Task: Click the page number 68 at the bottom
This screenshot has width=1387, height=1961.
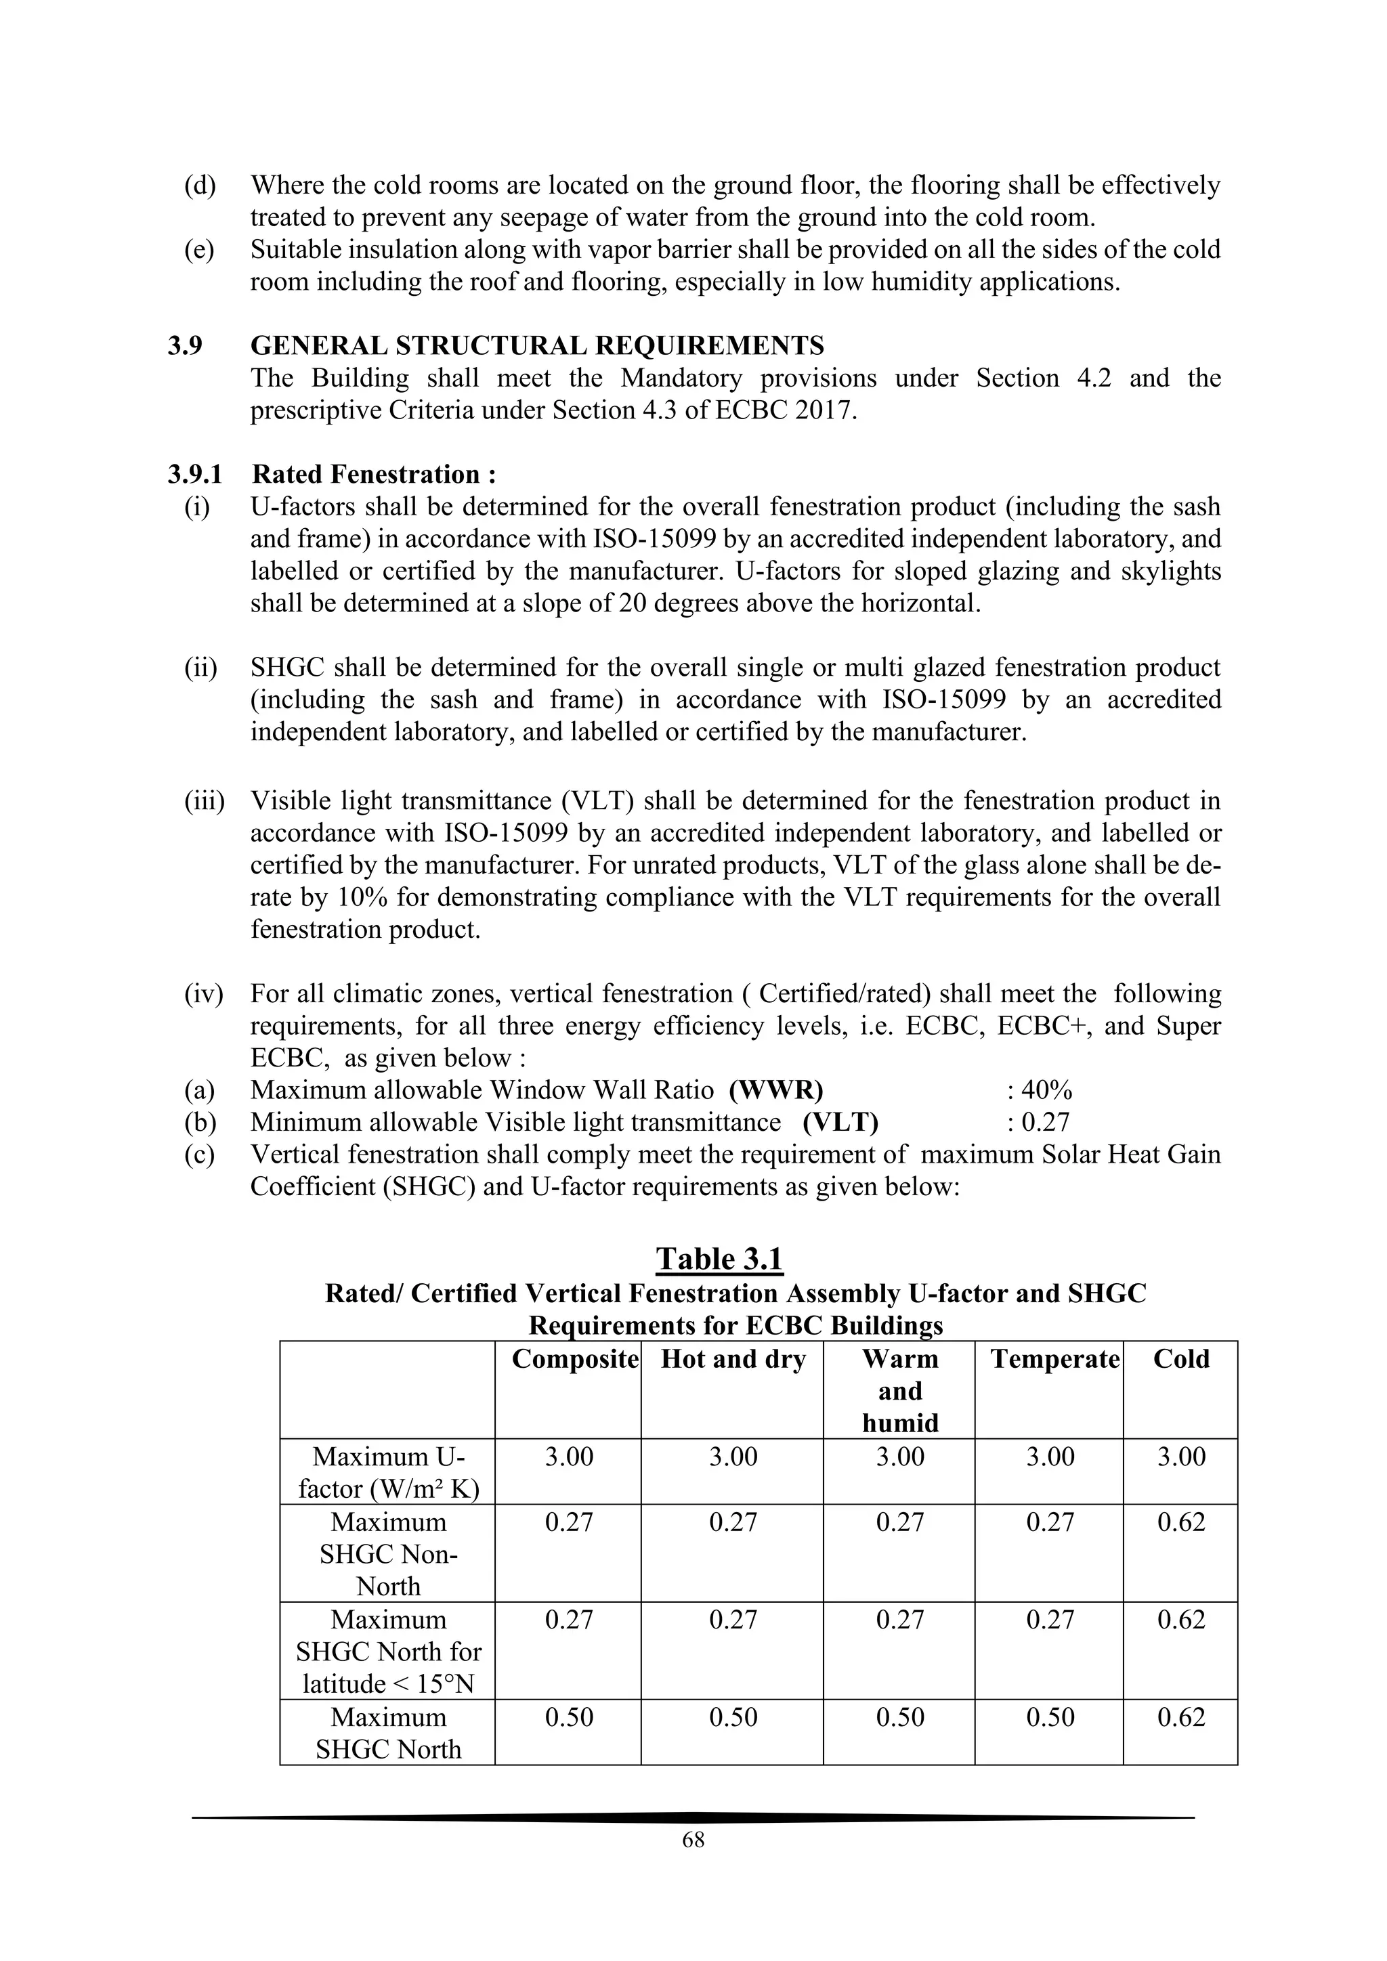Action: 693,1840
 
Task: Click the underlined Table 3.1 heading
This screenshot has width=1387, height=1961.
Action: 719,1259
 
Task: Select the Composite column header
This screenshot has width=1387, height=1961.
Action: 575,1359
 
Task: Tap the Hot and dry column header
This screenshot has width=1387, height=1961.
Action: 733,1359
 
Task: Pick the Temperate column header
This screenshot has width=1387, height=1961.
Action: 1054,1359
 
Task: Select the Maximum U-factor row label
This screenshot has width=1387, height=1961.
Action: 389,1473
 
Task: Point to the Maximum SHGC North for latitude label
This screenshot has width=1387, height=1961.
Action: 389,1652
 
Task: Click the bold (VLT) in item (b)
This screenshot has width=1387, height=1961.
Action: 840,1122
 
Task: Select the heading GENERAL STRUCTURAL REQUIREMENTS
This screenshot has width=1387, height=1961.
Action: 537,346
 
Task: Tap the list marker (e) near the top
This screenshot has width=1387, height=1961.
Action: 200,249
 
